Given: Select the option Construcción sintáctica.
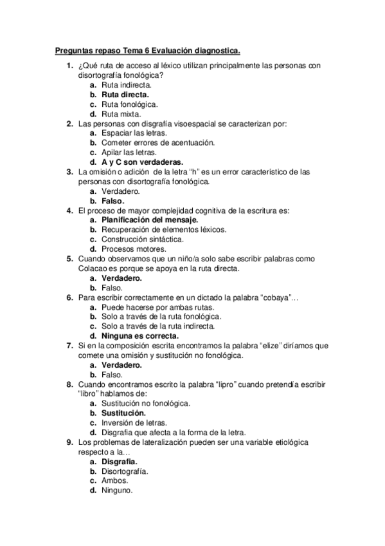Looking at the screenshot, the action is click(142, 239).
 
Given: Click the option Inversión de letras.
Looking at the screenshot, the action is click(134, 422).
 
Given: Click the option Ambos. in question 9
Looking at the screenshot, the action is click(114, 480).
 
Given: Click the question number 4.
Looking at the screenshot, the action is click(69, 210).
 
